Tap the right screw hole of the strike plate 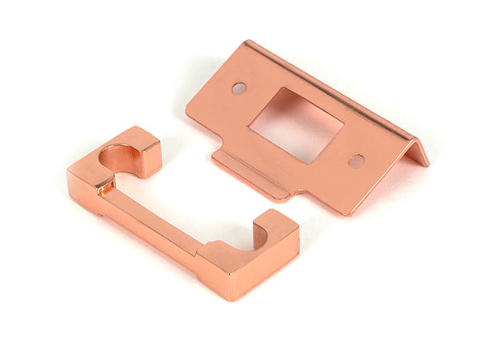[356, 161]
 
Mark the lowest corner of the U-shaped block [232, 299]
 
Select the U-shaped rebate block [162, 227]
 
